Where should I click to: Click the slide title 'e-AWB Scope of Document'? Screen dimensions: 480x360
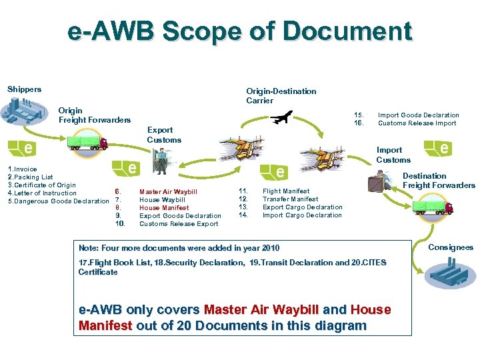coord(240,31)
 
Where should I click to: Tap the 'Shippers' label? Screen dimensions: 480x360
coord(24,89)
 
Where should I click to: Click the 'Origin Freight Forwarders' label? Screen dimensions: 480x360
coord(94,115)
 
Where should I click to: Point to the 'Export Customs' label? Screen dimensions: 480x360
coord(163,135)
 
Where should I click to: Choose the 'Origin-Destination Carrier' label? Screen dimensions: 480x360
coord(281,96)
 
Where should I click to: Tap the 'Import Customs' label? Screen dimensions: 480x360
coord(393,155)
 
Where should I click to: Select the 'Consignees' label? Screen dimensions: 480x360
coord(450,247)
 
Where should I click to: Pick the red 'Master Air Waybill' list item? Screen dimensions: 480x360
coord(168,192)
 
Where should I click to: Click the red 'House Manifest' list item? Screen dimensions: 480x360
coord(164,208)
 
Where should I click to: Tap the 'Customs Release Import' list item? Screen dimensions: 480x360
coord(417,123)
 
